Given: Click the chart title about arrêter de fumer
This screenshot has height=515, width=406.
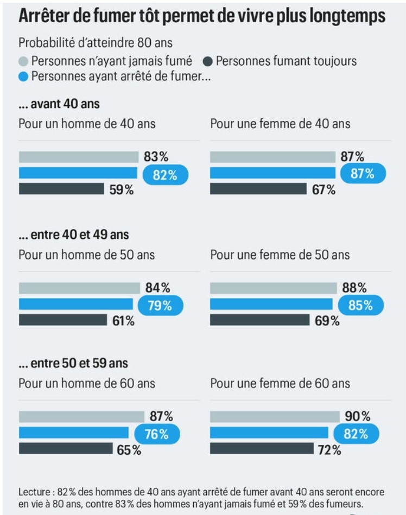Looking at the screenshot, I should (202, 16).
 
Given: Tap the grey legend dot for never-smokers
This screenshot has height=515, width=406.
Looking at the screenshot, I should (23, 61).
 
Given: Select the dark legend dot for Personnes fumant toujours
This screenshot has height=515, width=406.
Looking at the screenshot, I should (208, 61).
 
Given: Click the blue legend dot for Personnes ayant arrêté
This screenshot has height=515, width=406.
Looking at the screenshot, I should (23, 76).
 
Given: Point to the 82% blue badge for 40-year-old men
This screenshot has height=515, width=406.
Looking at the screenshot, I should (165, 174).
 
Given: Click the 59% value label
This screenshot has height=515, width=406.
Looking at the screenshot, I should (121, 190).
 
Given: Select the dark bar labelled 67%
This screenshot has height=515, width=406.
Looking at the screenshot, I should (258, 189).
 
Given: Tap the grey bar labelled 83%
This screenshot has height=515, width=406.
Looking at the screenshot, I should (79, 157).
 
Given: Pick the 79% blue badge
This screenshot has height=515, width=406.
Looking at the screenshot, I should (159, 306).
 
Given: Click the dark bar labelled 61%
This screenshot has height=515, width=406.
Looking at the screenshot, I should (63, 320).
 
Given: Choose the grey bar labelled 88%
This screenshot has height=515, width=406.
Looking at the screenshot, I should (273, 288).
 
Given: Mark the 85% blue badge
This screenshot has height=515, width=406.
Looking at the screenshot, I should (360, 306).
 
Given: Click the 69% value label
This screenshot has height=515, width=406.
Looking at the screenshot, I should (327, 321).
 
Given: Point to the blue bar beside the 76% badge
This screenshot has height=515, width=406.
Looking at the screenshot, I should (73, 433).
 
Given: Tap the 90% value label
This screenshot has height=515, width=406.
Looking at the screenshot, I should (358, 417).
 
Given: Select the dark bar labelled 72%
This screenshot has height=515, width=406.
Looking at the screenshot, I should (262, 448).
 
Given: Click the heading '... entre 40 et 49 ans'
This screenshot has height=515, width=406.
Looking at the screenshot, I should (73, 235).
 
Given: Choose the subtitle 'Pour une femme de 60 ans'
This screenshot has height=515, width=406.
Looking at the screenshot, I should (280, 384).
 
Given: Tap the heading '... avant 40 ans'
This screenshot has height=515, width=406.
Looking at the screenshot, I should (59, 104).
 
